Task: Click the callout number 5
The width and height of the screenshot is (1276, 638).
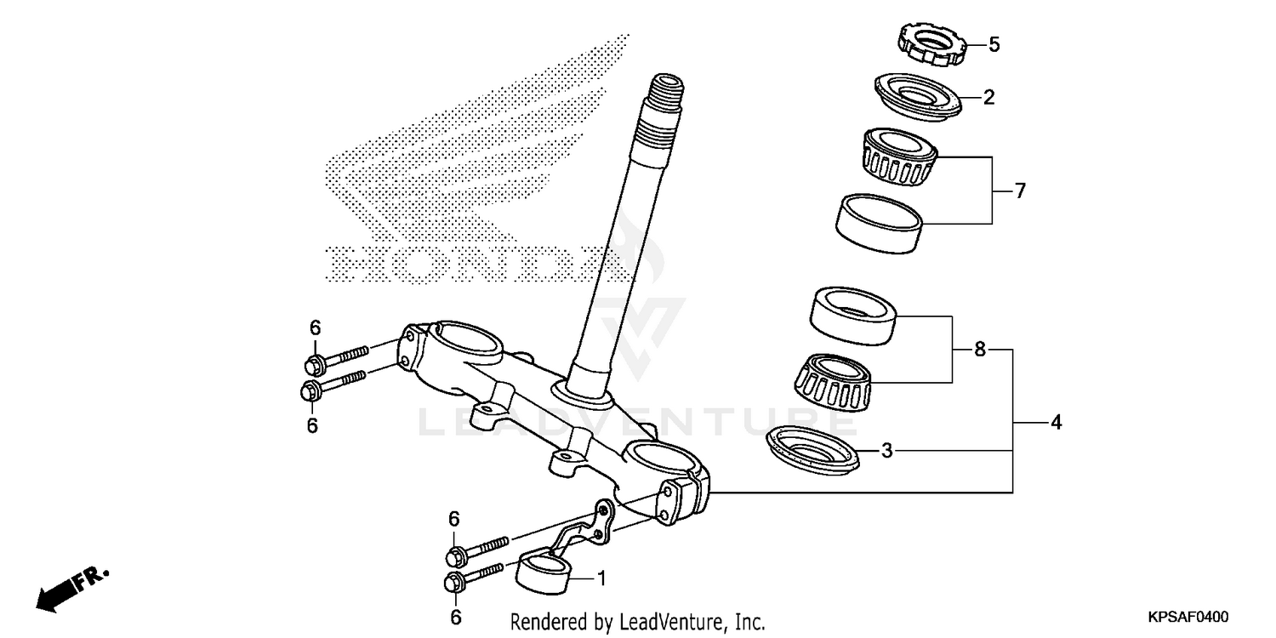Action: [x=994, y=45]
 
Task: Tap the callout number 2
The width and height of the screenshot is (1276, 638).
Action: [x=988, y=98]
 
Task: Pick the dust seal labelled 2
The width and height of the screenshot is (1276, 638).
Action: [x=917, y=94]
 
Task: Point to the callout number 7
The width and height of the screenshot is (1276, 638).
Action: [x=1020, y=191]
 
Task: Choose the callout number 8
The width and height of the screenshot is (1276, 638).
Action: [x=980, y=350]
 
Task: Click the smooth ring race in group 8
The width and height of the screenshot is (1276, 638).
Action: [x=852, y=316]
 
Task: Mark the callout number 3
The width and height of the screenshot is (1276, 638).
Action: [x=886, y=451]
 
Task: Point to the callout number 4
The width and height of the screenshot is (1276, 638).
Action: [x=1056, y=422]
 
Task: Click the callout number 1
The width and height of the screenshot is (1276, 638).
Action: [x=601, y=579]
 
